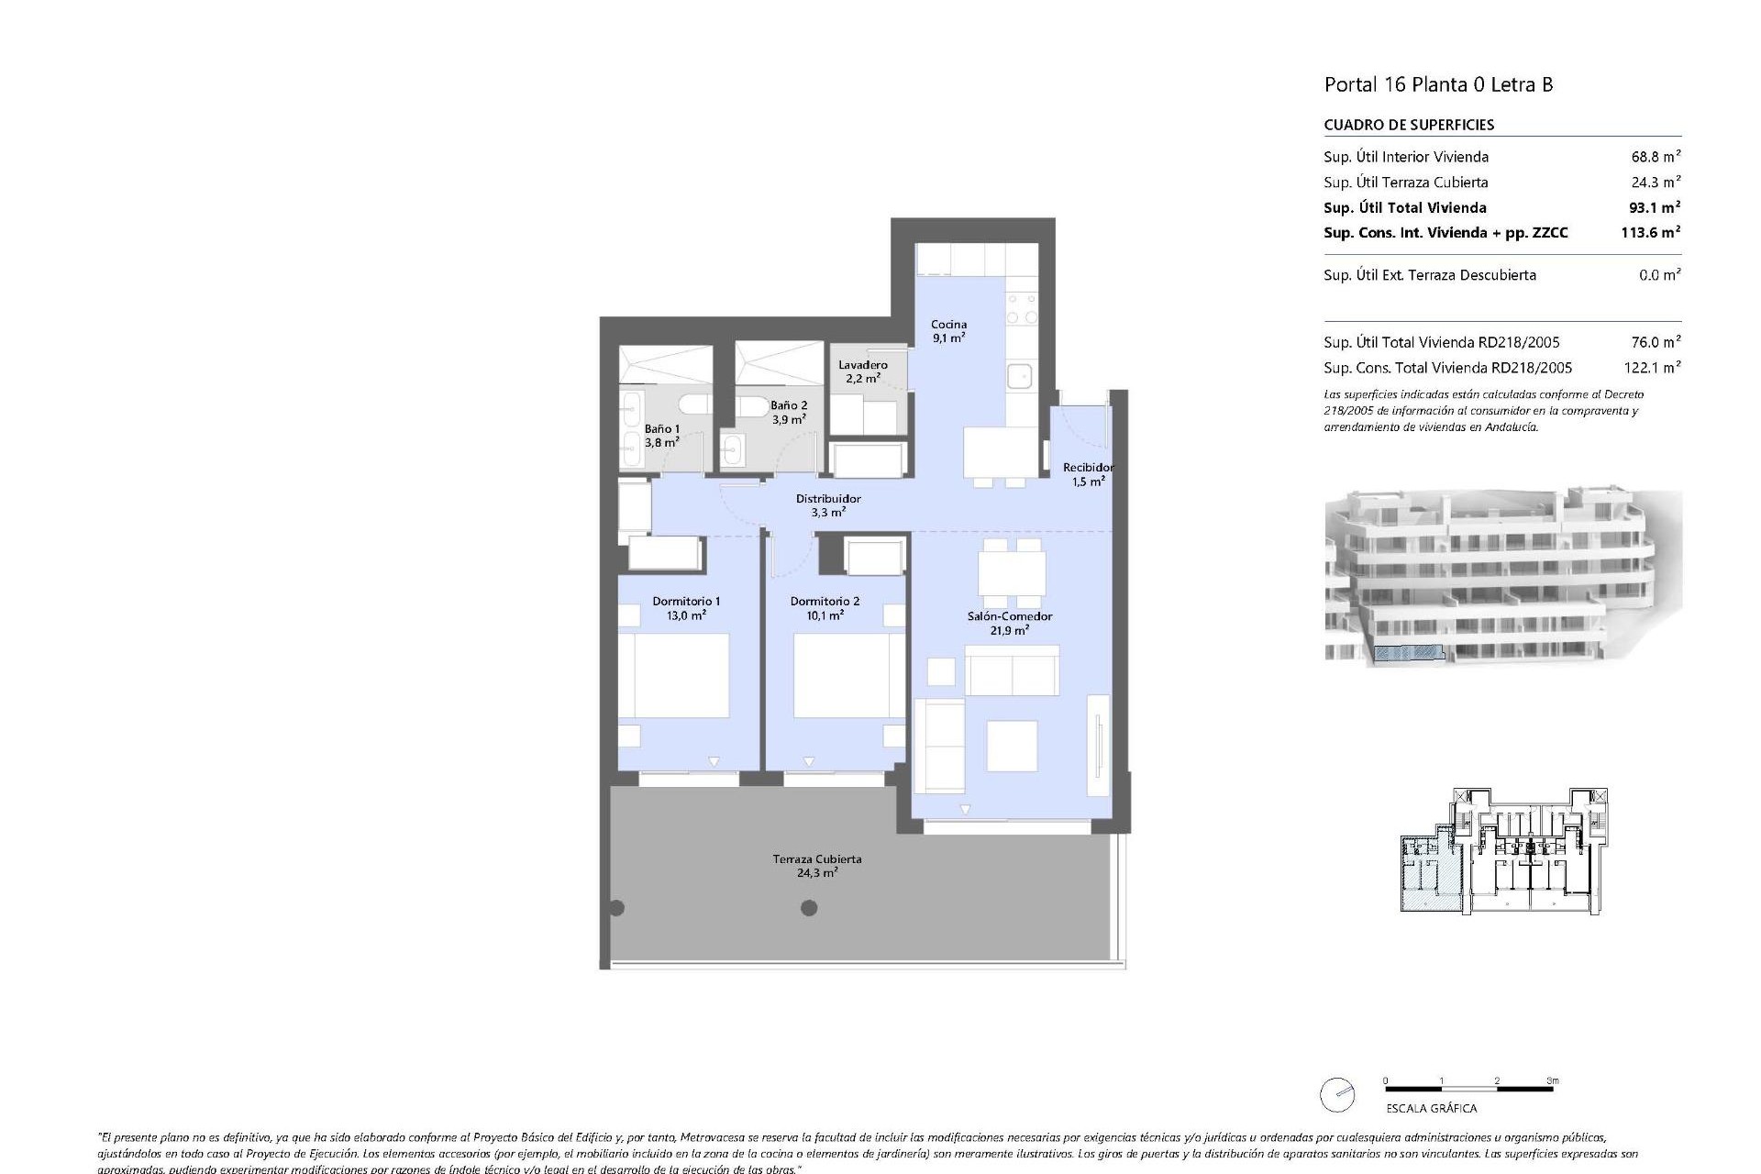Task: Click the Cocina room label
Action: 948,330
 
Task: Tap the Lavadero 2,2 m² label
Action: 862,371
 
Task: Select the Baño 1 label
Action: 661,435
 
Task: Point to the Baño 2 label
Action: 788,412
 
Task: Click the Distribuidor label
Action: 827,505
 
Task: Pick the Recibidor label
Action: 1088,474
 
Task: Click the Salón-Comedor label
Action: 1009,623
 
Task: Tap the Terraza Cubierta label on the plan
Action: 816,866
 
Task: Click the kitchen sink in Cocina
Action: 1019,377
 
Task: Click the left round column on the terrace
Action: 616,908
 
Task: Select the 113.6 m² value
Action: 1649,233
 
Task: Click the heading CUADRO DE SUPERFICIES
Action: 1408,125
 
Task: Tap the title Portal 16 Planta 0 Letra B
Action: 1437,84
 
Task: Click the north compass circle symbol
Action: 1336,1095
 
